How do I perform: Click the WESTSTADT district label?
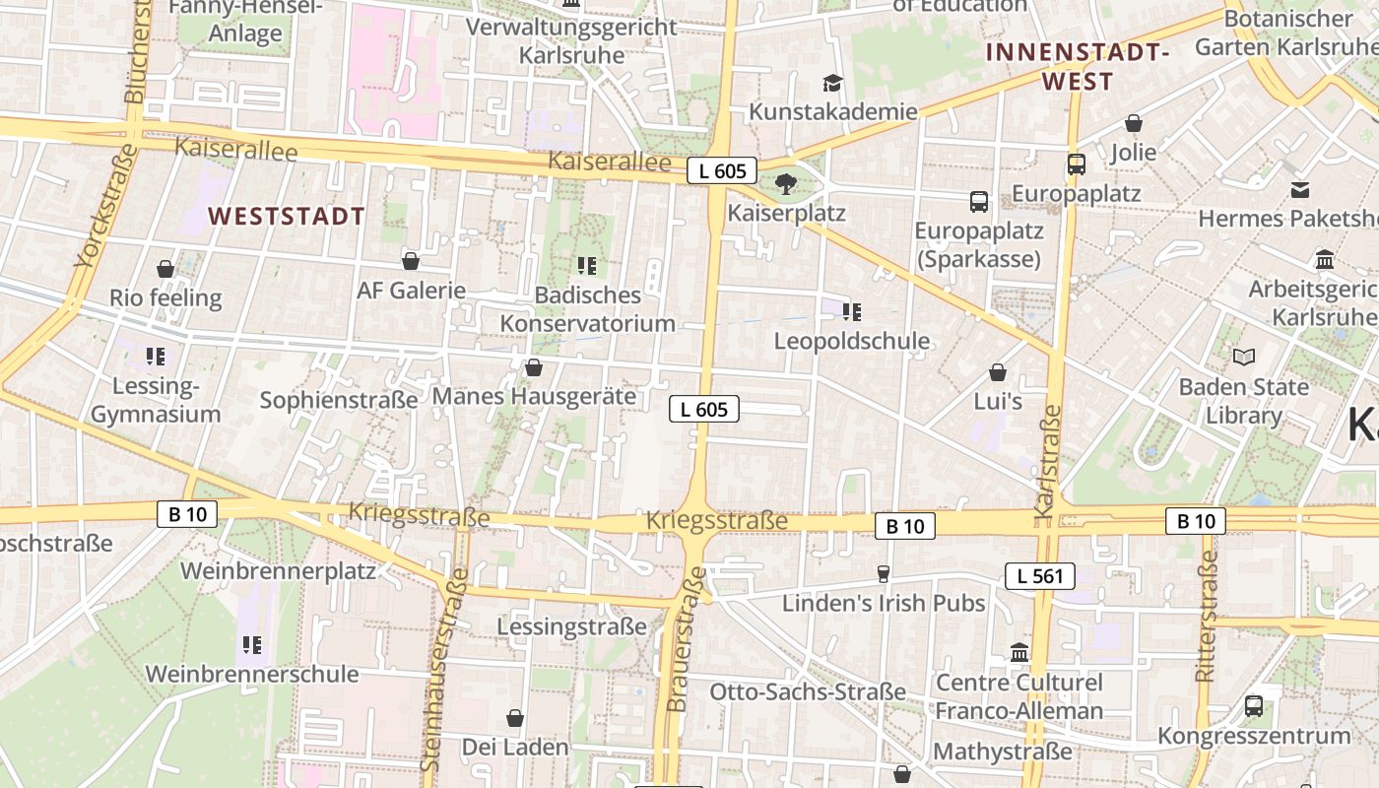tap(287, 217)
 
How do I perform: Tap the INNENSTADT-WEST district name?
tap(1078, 67)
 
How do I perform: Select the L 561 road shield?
tap(1040, 576)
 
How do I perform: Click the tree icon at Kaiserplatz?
tap(785, 184)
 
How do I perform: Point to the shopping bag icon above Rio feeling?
tap(165, 268)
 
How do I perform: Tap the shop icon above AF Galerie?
tap(411, 261)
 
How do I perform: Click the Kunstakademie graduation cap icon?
tap(833, 83)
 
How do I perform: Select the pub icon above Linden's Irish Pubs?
tap(884, 573)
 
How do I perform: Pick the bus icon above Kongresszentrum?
tap(1254, 705)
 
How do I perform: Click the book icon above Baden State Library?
tap(1244, 357)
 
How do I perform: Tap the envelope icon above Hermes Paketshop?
tap(1301, 189)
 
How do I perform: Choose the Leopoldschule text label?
tap(852, 341)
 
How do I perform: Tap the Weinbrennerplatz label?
tap(278, 570)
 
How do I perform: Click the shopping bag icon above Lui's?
tap(998, 372)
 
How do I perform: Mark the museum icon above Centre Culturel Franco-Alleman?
tap(1019, 653)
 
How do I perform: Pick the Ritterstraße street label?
tap(1207, 617)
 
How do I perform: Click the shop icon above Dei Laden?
tap(514, 718)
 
